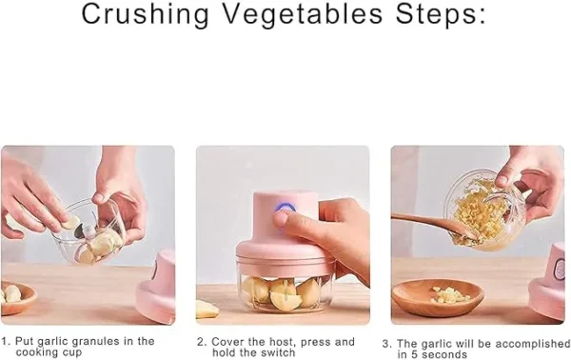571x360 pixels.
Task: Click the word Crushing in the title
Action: click(143, 15)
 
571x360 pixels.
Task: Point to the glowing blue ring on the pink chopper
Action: click(284, 211)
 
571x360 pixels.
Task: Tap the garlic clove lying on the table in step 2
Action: click(207, 309)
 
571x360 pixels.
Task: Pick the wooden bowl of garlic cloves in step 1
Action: click(16, 297)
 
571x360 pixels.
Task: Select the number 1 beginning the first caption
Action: click(5, 341)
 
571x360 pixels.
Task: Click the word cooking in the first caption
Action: click(36, 352)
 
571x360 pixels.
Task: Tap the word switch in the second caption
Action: click(276, 352)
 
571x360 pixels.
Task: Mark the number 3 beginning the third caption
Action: click(385, 344)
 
